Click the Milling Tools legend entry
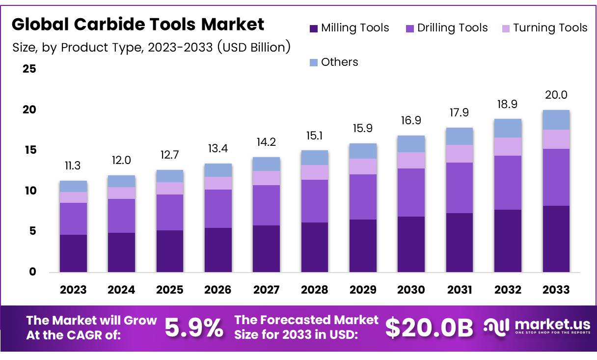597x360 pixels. pyautogui.click(x=350, y=28)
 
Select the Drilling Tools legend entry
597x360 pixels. pyautogui.click(x=447, y=28)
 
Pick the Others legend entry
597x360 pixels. pyautogui.click(x=334, y=62)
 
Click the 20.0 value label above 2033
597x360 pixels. pyautogui.click(x=556, y=95)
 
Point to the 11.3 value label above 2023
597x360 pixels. pyautogui.click(x=73, y=166)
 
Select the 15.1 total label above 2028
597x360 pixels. pyautogui.click(x=315, y=135)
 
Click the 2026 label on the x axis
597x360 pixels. pyautogui.click(x=218, y=290)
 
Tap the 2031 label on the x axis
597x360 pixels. pyautogui.click(x=460, y=290)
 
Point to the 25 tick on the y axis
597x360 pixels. pyautogui.click(x=29, y=69)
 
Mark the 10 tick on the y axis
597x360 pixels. pyautogui.click(x=29, y=191)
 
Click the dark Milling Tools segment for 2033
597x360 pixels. pyautogui.click(x=556, y=239)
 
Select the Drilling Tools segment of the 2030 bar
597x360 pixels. pyautogui.click(x=411, y=193)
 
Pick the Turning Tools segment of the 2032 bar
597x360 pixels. pyautogui.click(x=508, y=146)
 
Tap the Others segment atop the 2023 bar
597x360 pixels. pyautogui.click(x=73, y=186)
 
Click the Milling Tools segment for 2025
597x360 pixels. pyautogui.click(x=170, y=251)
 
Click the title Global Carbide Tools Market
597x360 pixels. pyautogui.click(x=138, y=24)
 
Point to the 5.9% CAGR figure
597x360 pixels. pyautogui.click(x=193, y=328)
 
